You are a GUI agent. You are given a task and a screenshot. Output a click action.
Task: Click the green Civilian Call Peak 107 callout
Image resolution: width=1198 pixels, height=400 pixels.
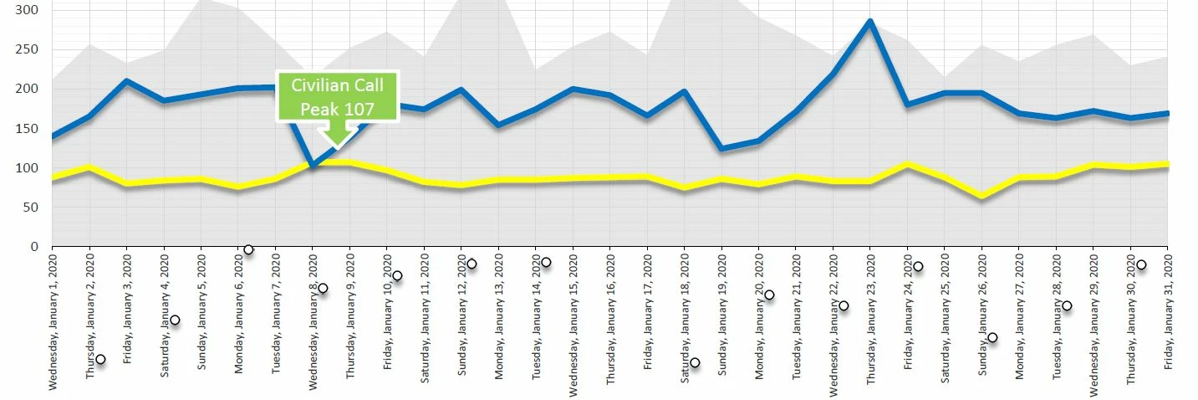click(338, 97)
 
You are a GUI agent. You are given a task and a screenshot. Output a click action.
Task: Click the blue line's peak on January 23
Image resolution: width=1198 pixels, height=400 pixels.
click(870, 22)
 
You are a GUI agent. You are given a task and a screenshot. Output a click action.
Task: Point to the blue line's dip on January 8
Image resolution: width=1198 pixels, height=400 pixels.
click(313, 166)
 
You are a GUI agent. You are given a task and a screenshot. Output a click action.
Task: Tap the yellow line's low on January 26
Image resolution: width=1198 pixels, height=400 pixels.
click(981, 197)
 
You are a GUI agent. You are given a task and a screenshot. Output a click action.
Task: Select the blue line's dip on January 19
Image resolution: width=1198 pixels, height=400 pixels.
click(721, 149)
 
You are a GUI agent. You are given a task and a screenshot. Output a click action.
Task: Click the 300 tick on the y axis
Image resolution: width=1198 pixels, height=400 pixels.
click(27, 10)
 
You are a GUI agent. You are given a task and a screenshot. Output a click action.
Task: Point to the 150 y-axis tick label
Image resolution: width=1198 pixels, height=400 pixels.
click(27, 128)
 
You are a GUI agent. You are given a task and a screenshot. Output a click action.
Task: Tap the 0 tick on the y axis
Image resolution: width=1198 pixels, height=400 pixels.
click(33, 247)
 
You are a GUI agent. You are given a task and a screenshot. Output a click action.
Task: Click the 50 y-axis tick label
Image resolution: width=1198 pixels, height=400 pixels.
click(30, 208)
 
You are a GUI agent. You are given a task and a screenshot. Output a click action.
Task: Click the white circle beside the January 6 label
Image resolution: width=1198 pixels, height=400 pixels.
click(248, 249)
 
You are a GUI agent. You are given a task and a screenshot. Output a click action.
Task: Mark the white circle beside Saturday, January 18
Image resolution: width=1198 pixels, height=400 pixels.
click(695, 362)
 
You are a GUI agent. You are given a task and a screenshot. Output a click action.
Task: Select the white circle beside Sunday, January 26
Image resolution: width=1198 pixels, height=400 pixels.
click(992, 338)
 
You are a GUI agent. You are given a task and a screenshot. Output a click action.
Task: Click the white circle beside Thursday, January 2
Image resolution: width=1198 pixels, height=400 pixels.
click(100, 359)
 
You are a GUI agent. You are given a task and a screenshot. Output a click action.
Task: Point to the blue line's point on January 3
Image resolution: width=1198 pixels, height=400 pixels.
click(126, 81)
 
